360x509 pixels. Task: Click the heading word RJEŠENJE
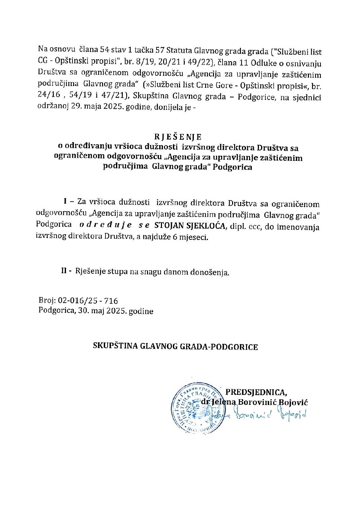pos(178,137)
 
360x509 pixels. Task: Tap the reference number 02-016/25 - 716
pos(88,301)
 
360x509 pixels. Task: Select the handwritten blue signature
pos(269,415)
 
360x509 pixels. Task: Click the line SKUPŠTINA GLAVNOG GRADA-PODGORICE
pos(176,347)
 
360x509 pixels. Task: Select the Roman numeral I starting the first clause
pos(65,202)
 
